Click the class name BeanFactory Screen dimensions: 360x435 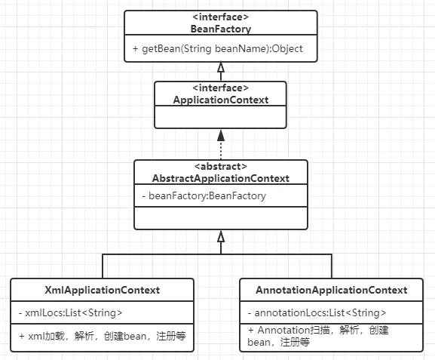coord(221,29)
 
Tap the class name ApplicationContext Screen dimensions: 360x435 coord(221,99)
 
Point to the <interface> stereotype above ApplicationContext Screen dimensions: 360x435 coord(221,88)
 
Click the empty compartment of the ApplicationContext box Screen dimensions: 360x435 coord(221,118)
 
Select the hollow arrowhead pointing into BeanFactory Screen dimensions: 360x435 coord(221,68)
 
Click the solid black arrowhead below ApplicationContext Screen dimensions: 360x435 coord(221,135)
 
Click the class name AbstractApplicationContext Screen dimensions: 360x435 coord(221,178)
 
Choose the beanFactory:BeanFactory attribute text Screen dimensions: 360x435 coord(204,195)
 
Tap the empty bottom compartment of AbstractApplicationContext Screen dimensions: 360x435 coord(221,217)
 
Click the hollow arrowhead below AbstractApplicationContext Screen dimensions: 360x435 coord(221,236)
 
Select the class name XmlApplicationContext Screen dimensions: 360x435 coord(102,290)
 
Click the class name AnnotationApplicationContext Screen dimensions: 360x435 coord(331,290)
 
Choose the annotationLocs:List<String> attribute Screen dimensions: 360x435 coord(317,312)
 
